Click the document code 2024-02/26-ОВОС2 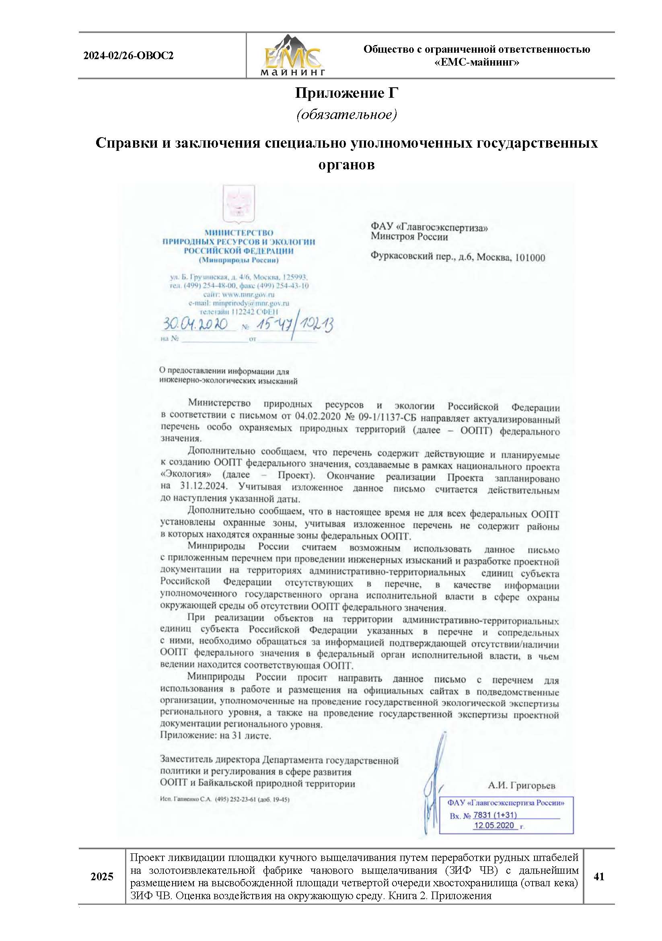tap(128, 56)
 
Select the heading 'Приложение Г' tap(347, 93)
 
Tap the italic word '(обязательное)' tap(347, 114)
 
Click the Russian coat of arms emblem tap(238, 203)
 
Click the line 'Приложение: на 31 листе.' tap(216, 735)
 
